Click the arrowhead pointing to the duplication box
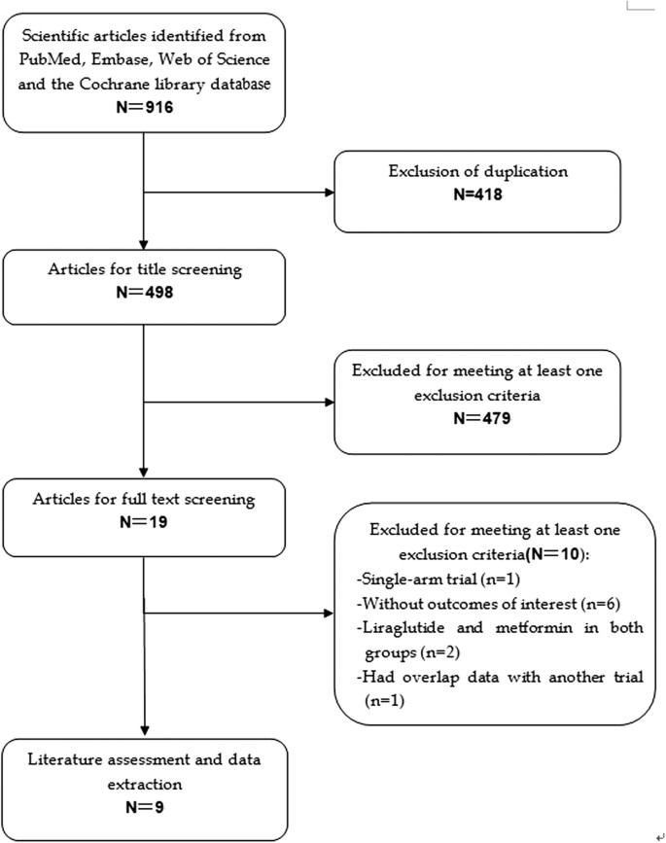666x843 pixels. [328, 191]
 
